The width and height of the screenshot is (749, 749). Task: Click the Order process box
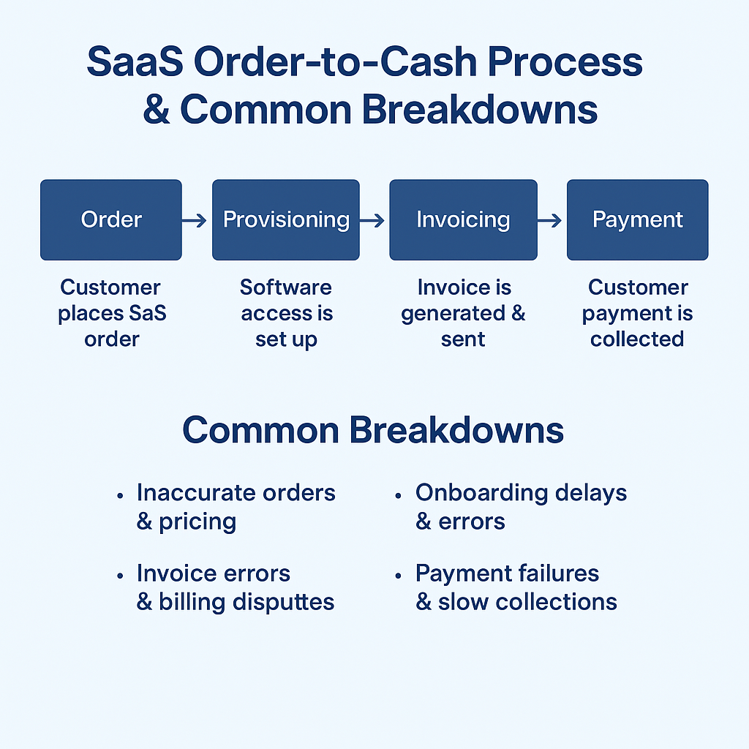(x=111, y=219)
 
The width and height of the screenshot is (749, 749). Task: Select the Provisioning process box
(x=286, y=219)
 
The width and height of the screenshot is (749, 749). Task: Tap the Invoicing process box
(x=463, y=219)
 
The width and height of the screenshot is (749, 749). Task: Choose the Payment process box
(x=637, y=219)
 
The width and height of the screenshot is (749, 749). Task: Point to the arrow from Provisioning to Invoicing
(x=374, y=220)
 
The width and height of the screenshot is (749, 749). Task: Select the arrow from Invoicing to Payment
(x=550, y=220)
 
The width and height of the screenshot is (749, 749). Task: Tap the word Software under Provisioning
(x=286, y=287)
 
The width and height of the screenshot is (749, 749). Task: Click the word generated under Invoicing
(x=453, y=314)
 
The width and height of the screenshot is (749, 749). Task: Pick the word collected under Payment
(x=637, y=339)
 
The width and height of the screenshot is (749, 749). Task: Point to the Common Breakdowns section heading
(x=373, y=430)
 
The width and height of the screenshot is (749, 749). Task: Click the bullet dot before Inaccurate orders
(x=120, y=495)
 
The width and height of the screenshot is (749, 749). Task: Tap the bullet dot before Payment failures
(x=399, y=576)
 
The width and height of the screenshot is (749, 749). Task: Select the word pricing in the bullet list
(x=197, y=522)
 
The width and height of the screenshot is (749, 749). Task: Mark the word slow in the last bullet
(x=462, y=602)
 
